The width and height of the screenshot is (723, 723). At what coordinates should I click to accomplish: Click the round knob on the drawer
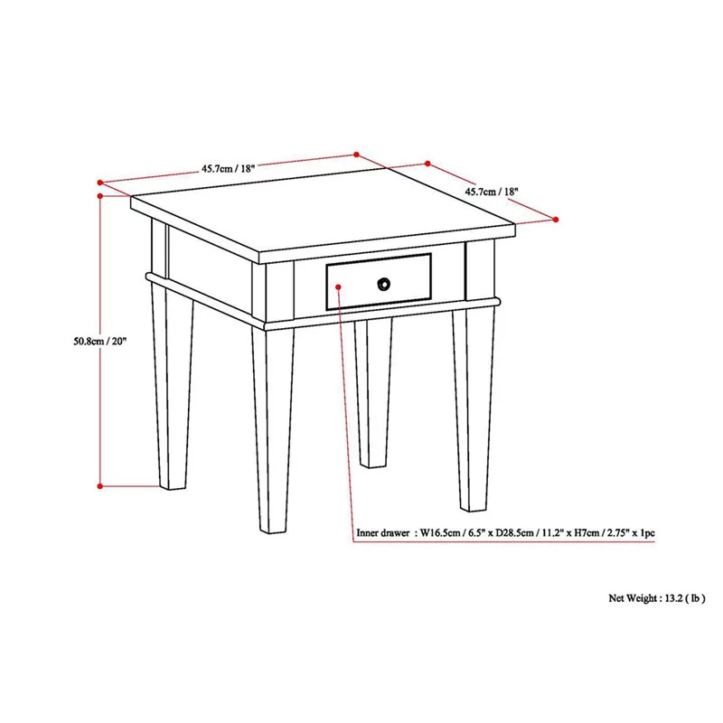[384, 284]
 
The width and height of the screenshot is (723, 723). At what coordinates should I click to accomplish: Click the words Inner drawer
[382, 533]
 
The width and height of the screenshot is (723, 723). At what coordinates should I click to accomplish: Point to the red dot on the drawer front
[338, 286]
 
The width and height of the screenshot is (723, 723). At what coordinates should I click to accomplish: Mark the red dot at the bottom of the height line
[99, 486]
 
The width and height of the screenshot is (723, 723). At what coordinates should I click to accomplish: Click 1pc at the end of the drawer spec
[646, 533]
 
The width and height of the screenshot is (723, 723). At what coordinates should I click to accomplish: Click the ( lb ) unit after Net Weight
[697, 597]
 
